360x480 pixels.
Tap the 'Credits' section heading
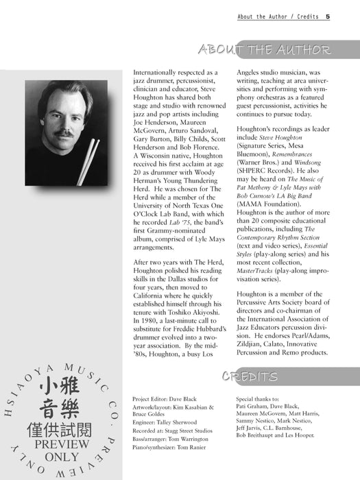250,376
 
